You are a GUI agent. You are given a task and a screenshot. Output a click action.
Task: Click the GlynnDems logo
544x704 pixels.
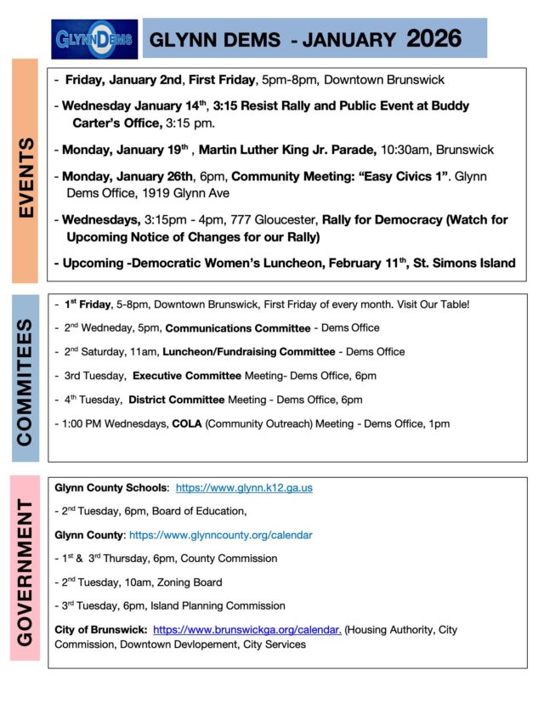pyautogui.click(x=94, y=39)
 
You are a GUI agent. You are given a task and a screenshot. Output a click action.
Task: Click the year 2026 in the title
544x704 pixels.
pyautogui.click(x=433, y=38)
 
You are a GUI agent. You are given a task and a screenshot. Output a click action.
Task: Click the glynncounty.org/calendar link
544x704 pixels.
pyautogui.click(x=220, y=536)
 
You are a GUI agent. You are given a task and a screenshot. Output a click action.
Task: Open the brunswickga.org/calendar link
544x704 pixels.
pyautogui.click(x=247, y=630)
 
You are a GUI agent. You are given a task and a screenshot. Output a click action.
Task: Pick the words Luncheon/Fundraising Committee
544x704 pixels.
pyautogui.click(x=247, y=352)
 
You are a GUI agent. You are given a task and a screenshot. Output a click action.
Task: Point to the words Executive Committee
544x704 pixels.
pyautogui.click(x=185, y=376)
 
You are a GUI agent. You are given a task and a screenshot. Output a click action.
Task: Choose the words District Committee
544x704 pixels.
pyautogui.click(x=177, y=400)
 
